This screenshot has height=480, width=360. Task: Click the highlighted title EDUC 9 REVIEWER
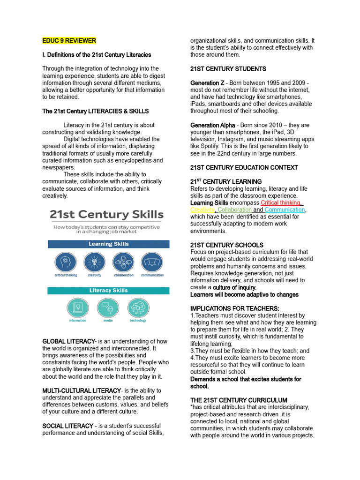click(69, 41)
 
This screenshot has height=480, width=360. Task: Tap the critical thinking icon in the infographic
click(66, 262)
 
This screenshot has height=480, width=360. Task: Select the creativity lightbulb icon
click(94, 262)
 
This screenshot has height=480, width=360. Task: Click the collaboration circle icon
click(123, 262)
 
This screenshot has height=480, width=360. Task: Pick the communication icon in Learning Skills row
click(152, 262)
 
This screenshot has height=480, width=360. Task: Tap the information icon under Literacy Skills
click(77, 307)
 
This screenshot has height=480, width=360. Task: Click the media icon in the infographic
click(108, 307)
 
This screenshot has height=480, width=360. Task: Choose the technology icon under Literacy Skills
click(138, 307)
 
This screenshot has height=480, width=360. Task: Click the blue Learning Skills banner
click(108, 244)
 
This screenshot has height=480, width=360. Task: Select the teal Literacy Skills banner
click(108, 291)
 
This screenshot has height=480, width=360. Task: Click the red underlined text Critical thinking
click(281, 202)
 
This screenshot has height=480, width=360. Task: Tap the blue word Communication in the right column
click(285, 210)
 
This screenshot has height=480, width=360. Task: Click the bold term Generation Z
click(207, 83)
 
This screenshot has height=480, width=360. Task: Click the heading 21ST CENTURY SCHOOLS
click(226, 245)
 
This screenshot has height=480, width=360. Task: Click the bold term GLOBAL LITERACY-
click(69, 341)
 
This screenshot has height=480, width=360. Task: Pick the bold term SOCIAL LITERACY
click(67, 426)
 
